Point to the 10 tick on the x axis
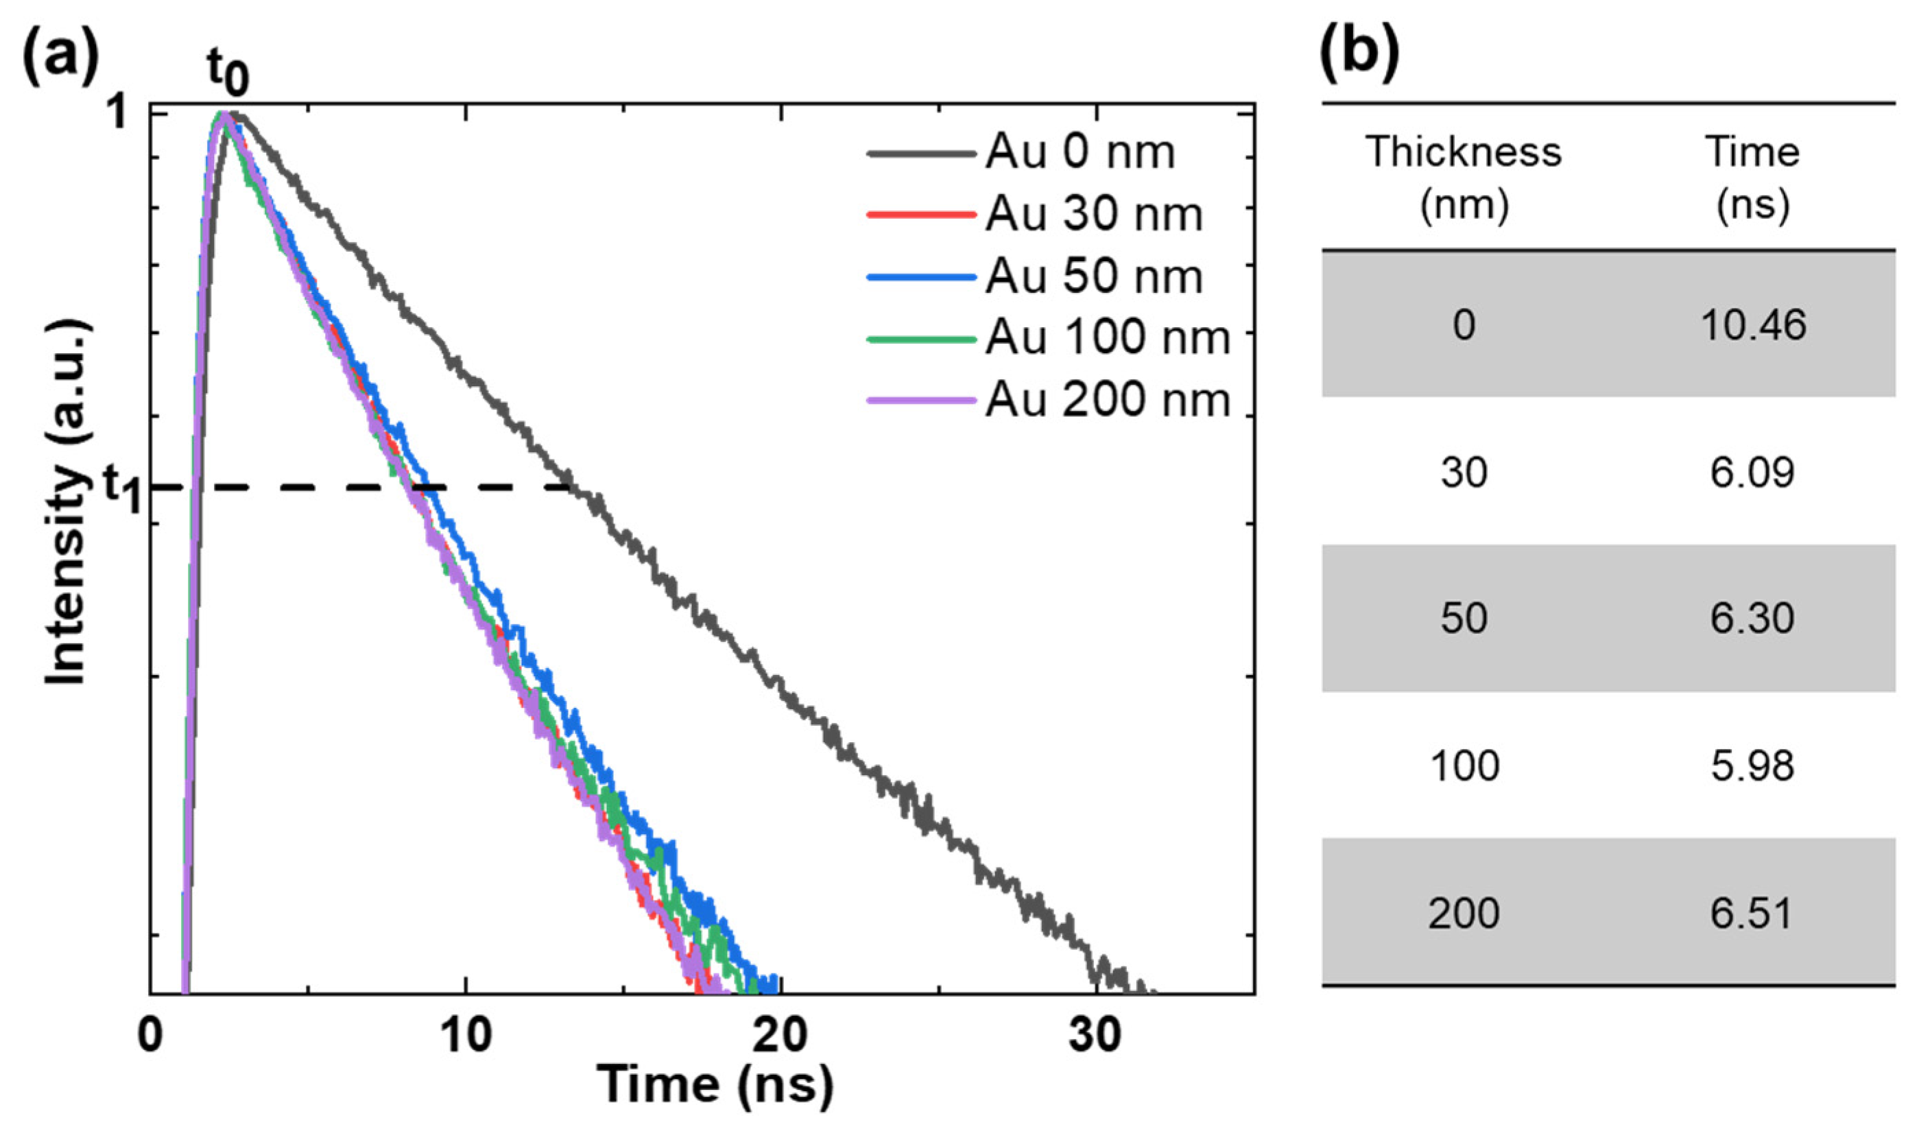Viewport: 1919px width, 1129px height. click(x=466, y=1036)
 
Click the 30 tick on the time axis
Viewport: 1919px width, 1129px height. click(x=1095, y=1036)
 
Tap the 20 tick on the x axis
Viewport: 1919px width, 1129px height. click(x=780, y=1036)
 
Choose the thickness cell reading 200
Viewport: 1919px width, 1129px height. click(x=1464, y=914)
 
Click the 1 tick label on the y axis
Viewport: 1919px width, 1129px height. click(x=118, y=115)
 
